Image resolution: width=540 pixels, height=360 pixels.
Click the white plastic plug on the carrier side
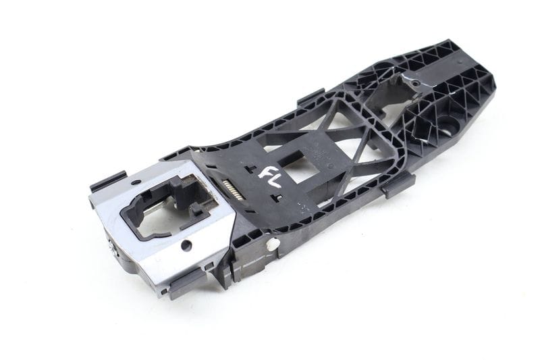click(273, 245)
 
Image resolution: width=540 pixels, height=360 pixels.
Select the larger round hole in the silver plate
click(186, 245)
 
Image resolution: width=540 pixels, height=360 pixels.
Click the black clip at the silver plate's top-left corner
click(107, 181)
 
